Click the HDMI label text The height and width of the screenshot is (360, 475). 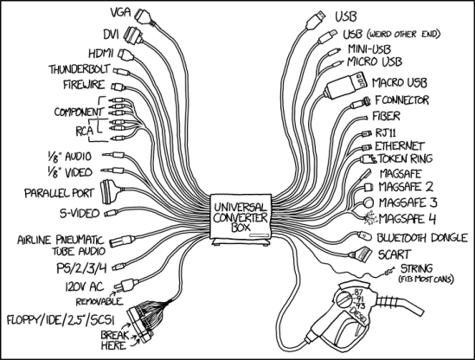(98, 53)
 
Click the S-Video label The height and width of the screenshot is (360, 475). (79, 212)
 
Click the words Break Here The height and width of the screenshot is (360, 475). (115, 338)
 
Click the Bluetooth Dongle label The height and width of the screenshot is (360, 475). (416, 236)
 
